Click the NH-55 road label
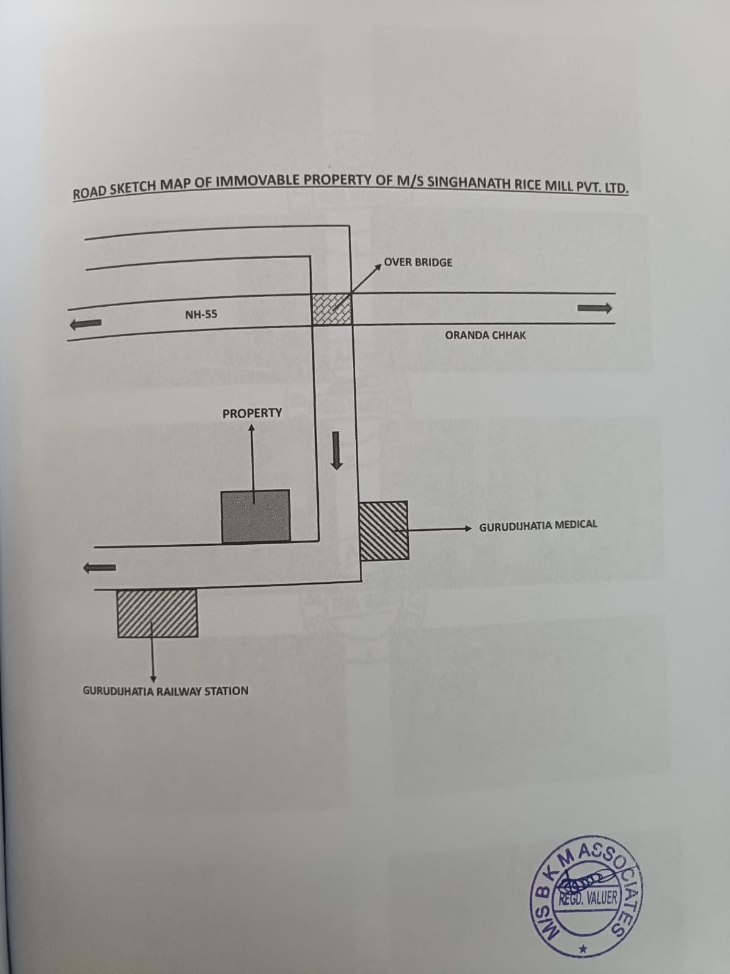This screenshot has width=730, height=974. point(201,315)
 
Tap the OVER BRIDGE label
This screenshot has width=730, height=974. point(418,262)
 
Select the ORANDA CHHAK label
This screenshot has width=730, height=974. point(485,335)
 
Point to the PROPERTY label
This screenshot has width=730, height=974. point(252,413)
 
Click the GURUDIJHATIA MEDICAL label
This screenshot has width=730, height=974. point(538,525)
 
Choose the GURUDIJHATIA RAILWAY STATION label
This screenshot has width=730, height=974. point(165,691)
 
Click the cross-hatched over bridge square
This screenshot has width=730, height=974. point(332,309)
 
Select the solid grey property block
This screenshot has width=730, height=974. point(255,516)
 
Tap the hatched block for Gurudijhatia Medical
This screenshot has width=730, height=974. point(384,530)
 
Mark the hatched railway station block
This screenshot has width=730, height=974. point(158,613)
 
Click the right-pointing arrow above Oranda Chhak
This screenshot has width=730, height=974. point(594,308)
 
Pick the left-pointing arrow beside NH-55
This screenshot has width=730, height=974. point(86,324)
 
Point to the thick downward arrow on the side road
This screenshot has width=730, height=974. point(337,450)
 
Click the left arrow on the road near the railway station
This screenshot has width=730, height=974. point(99,567)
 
